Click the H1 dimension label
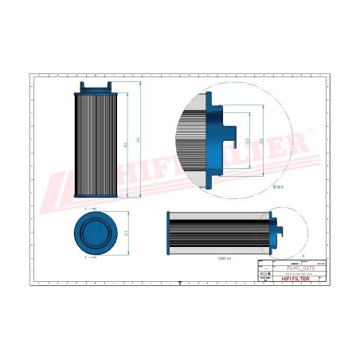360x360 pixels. (x=139, y=139)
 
